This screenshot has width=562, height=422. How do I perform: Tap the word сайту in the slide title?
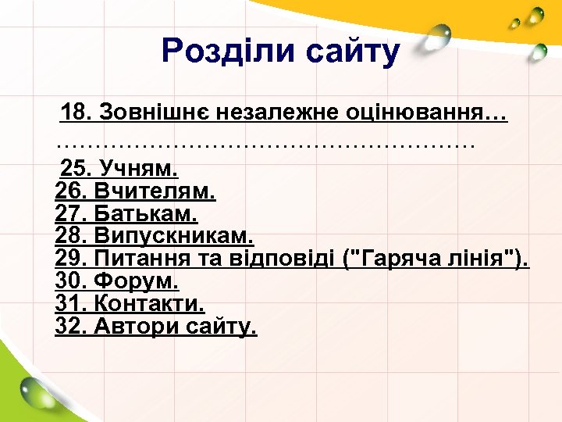[353, 52]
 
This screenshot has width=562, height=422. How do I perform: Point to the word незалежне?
[272, 113]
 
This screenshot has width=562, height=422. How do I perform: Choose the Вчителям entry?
[155, 191]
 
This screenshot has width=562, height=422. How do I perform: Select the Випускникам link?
[173, 235]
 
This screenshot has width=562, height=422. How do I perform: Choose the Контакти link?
[149, 303]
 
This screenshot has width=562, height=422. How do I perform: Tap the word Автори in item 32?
[137, 326]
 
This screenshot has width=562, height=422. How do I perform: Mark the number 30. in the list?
[72, 281]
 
